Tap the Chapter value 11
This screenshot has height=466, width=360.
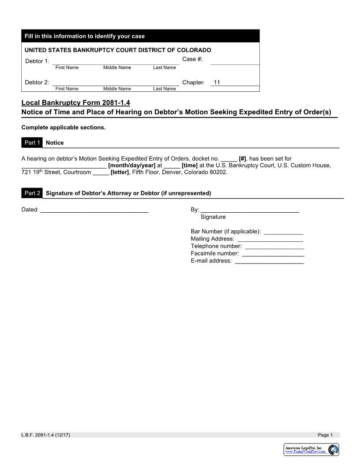217,83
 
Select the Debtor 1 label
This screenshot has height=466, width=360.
37,61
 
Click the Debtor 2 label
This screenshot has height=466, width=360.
37,83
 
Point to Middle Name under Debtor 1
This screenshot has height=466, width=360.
117,68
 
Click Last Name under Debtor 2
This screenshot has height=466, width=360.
164,89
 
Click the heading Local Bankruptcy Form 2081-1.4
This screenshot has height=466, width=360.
76,103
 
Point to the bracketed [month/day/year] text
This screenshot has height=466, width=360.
131,165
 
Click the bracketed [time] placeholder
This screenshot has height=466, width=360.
189,165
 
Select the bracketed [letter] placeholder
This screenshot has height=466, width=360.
120,172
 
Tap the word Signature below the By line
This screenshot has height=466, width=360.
213,217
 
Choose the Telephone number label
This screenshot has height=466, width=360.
216,246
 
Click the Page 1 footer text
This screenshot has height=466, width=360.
325,435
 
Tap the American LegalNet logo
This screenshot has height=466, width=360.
311,450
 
